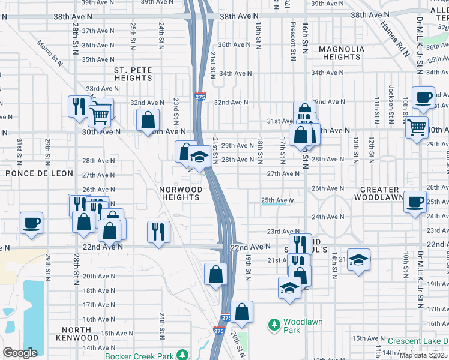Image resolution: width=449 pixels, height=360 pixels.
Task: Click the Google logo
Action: point(20,353)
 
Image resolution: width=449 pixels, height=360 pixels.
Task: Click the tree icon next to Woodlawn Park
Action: point(274,325)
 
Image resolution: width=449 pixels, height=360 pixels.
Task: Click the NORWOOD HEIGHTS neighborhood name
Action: point(179,193)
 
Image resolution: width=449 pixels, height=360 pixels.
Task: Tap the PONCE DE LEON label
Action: point(39,173)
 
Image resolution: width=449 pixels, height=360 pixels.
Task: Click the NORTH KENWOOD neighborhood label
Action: point(76,334)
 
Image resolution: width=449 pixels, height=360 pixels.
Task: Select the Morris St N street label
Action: point(49,52)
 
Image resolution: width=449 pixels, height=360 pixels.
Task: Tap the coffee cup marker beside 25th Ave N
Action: point(415,202)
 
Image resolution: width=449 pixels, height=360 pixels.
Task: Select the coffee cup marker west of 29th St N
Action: point(31,223)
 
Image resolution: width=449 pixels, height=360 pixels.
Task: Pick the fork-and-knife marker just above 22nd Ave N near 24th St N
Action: point(158,231)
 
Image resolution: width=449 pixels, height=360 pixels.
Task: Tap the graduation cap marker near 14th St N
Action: point(358,260)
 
